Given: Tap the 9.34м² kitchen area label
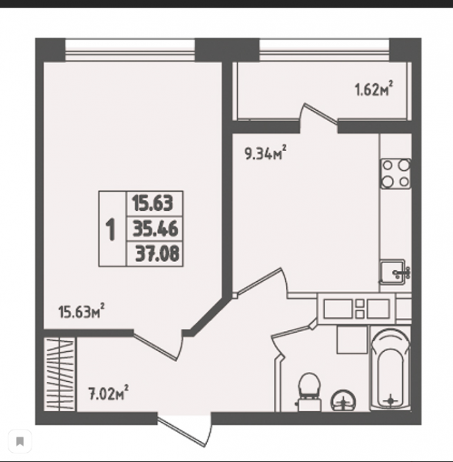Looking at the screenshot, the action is tap(265, 152).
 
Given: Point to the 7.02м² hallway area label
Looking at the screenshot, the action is tap(108, 393).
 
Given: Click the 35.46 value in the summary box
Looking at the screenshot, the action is tap(155, 229).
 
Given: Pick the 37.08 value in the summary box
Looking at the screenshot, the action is tap(157, 253).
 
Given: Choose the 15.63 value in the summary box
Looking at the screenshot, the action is tap(152, 203).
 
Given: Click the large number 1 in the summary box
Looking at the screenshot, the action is tap(111, 229).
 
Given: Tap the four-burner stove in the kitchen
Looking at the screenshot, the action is tap(395, 174).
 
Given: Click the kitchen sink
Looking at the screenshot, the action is tap(394, 273).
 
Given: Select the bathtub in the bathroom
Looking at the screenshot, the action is tap(390, 370).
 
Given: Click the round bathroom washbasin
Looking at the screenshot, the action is tap(344, 400).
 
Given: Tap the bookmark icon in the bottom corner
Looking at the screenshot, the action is tap(20, 441).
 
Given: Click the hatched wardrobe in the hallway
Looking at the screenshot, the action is tap(60, 374).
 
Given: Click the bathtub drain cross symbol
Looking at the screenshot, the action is tap(391, 400).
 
